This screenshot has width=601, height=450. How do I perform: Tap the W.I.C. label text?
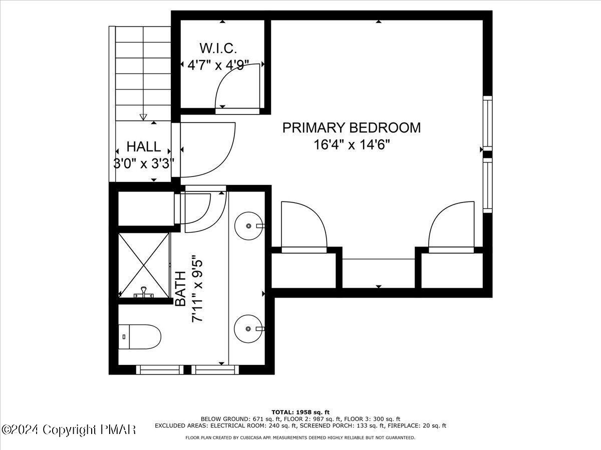(218, 48)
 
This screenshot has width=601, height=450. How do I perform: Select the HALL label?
(144, 146)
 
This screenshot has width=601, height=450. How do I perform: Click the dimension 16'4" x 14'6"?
(352, 145)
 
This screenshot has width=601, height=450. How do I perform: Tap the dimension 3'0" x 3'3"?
(144, 163)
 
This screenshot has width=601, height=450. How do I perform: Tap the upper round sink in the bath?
(248, 225)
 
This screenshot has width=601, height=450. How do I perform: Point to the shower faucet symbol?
(144, 292)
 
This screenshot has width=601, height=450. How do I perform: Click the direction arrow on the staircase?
(144, 116)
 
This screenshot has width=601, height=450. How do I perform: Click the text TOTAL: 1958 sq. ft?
(300, 411)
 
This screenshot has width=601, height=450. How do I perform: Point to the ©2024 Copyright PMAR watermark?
(69, 429)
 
